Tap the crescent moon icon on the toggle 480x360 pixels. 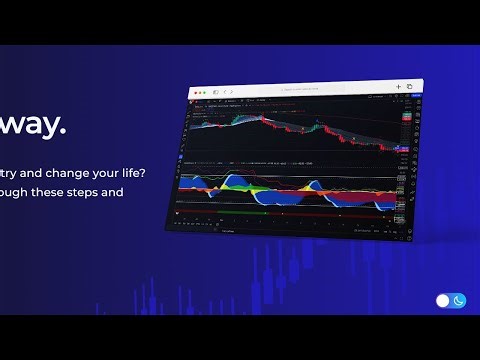[459, 300]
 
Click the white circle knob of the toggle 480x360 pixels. [444, 300]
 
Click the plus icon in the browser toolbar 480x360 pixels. [398, 87]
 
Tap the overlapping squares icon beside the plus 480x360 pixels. [409, 87]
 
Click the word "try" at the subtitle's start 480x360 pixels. [11, 170]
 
